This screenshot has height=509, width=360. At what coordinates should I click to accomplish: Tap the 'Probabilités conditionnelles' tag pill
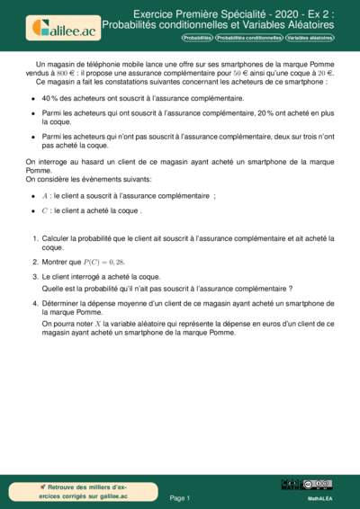pyautogui.click(x=249, y=39)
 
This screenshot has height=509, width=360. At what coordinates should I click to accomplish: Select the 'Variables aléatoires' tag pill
pyautogui.click(x=310, y=39)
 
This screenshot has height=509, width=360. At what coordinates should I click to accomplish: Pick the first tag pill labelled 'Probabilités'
pyautogui.click(x=197, y=39)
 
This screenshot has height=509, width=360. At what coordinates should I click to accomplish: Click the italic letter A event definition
pyautogui.click(x=44, y=195)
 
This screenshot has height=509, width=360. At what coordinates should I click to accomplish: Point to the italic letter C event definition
pyautogui.click(x=44, y=210)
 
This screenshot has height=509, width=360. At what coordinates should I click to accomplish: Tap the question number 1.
pyautogui.click(x=34, y=238)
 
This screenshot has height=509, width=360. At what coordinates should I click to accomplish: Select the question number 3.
pyautogui.click(x=34, y=276)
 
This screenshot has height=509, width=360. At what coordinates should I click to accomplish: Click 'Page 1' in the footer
pyautogui.click(x=180, y=497)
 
